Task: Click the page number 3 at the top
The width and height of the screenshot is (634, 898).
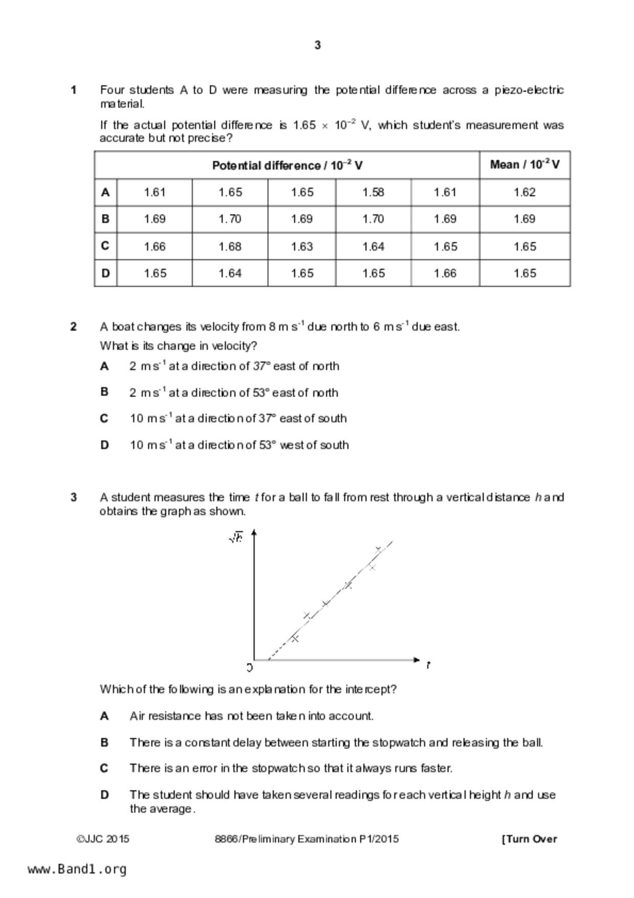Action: click(317, 46)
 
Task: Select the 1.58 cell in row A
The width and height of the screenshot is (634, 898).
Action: click(373, 193)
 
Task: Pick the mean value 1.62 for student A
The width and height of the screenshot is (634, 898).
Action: click(524, 193)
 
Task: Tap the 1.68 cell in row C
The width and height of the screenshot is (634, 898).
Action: click(230, 247)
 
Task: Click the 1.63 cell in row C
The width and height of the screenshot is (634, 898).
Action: click(301, 247)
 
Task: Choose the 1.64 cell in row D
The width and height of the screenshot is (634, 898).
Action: click(230, 273)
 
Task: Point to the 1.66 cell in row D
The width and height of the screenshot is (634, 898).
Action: click(445, 273)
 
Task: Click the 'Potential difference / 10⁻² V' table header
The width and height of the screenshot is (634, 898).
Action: click(287, 165)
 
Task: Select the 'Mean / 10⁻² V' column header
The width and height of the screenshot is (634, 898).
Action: click(524, 165)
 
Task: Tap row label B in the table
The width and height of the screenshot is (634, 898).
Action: click(105, 219)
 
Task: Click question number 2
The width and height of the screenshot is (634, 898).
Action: click(74, 327)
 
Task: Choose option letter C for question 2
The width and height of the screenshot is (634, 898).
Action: click(104, 419)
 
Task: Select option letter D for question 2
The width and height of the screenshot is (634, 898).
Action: click(104, 445)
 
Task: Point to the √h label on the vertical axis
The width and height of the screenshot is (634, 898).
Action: click(236, 538)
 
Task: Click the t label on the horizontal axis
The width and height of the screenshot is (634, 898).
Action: click(428, 665)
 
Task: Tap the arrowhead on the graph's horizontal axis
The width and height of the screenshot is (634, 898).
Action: click(417, 660)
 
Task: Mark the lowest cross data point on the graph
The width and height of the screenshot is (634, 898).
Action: click(295, 638)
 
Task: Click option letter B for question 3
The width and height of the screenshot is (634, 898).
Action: click(104, 742)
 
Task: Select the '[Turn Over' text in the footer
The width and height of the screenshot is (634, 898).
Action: click(530, 839)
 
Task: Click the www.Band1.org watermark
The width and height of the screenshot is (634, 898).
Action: click(77, 869)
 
